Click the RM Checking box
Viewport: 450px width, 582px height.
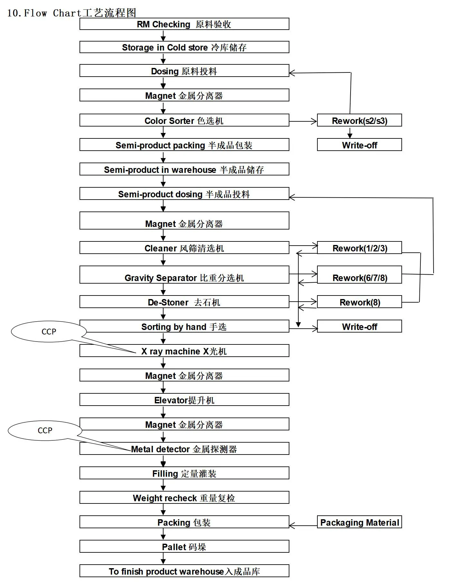184,24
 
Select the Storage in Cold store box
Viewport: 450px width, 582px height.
184,47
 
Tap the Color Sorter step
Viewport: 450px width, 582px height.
184,120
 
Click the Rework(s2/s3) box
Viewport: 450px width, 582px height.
359,120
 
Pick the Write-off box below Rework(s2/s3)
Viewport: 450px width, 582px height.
359,145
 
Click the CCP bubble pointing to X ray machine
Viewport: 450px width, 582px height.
49,331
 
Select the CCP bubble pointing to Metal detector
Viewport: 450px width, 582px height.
45,430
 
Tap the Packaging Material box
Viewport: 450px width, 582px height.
359,522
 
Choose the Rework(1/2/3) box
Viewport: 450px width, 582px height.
359,248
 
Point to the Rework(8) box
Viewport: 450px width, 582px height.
359,302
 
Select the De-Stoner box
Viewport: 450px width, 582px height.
184,302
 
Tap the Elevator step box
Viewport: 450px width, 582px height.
184,400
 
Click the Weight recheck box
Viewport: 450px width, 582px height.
184,498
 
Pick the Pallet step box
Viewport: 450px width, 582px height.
184,547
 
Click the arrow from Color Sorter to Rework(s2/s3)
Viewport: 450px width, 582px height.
303,121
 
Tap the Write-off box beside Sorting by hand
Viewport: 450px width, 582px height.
359,326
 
